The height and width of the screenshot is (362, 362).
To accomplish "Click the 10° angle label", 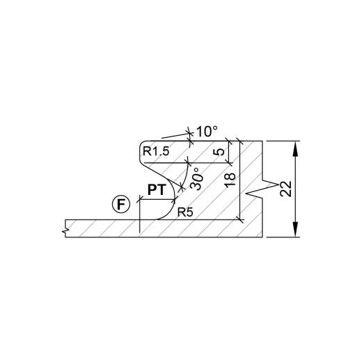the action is [207, 132].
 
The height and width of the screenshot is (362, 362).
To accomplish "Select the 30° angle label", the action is [196, 179].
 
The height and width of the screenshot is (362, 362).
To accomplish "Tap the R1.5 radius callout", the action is [156, 152].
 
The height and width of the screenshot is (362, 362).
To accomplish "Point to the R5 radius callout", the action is [185, 212].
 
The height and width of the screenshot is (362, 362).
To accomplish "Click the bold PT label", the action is [157, 189].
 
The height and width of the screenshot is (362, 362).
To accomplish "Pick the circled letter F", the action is [121, 205].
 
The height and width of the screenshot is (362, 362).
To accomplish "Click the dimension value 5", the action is [220, 152].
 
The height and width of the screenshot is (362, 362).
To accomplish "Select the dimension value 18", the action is [230, 180].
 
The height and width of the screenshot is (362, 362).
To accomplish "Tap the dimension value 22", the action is [286, 189].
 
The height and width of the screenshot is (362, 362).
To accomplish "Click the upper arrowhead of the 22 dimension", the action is [295, 149].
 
